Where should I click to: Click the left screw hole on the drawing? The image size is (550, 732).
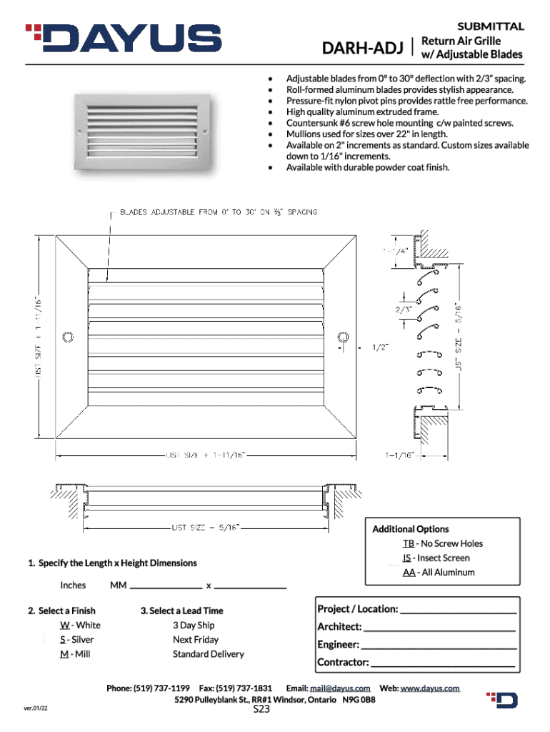tap(69, 337)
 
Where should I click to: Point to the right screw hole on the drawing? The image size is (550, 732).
tap(344, 337)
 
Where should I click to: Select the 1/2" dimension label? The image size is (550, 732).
tap(381, 348)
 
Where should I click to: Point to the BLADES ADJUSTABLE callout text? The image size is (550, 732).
tap(219, 212)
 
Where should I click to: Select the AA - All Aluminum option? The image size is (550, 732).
tap(438, 572)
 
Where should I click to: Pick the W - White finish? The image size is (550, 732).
tap(80, 625)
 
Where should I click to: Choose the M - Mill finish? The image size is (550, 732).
tap(75, 654)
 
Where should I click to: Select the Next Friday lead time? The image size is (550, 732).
tap(195, 640)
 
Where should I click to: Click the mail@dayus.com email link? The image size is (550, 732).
tap(339, 688)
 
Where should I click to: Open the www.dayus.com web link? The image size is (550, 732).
tap(429, 688)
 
